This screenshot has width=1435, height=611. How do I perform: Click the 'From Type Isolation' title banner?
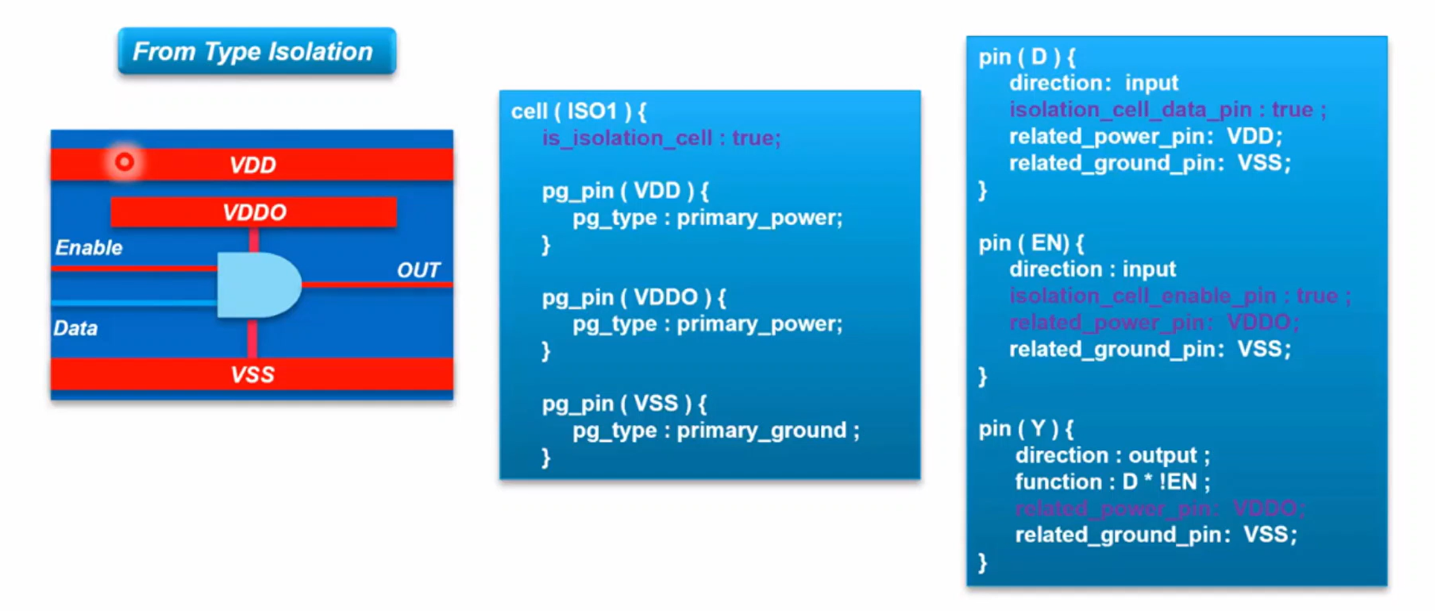point(257,51)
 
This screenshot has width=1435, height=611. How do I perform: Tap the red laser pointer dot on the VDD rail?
point(124,162)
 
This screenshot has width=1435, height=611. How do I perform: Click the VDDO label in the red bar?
point(254,212)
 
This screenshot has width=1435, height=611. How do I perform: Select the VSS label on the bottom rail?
point(252,375)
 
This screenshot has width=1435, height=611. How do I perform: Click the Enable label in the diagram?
point(89,248)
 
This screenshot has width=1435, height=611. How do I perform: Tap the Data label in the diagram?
point(76,329)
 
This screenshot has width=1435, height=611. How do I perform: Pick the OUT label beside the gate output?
point(419,270)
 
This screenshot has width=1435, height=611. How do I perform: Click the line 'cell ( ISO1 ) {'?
point(579,112)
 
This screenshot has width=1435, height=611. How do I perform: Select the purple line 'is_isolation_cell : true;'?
point(661,138)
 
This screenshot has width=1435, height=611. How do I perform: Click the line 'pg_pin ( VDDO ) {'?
point(634,297)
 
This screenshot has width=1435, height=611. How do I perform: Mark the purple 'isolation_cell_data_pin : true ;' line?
point(1167,109)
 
